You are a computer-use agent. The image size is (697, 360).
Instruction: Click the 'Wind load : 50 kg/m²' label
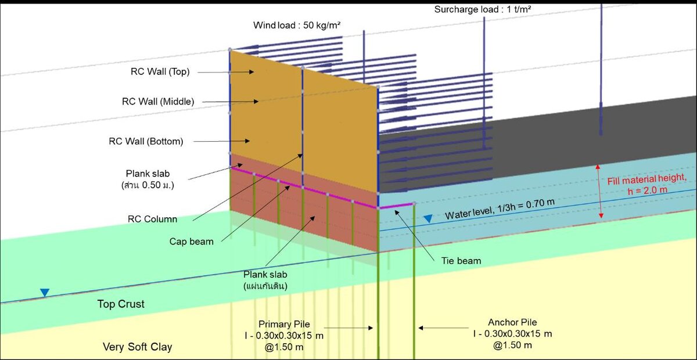point(297,25)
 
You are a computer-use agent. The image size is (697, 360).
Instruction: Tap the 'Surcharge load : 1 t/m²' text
point(482,9)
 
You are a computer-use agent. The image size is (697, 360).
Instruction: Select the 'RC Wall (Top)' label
point(160,71)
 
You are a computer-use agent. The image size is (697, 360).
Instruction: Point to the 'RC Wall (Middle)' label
point(158,102)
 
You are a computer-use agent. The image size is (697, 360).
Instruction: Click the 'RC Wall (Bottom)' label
point(146,141)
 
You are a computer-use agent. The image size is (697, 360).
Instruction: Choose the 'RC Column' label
point(152,219)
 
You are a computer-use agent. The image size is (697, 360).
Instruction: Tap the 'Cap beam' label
point(191,242)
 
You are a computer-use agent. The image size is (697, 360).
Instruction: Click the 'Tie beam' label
point(461,261)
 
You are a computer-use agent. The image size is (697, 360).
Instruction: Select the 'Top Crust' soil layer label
point(121,304)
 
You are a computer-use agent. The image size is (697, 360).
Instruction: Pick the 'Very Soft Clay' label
point(137,347)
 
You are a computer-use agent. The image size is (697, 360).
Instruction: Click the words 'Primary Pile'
point(284,324)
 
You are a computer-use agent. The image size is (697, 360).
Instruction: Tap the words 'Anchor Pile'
point(512,322)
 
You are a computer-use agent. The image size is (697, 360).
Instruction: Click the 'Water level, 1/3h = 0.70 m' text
point(500,209)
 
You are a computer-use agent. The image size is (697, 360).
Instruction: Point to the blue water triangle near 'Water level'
point(428,219)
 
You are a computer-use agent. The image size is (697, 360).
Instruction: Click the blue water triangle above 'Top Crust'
point(45,293)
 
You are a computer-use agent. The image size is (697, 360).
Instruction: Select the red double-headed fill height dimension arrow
point(599,192)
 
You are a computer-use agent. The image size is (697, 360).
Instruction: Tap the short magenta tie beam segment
point(397,206)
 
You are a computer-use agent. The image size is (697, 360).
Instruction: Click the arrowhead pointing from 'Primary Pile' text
point(371,327)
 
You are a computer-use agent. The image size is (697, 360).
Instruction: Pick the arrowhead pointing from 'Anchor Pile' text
point(421,327)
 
